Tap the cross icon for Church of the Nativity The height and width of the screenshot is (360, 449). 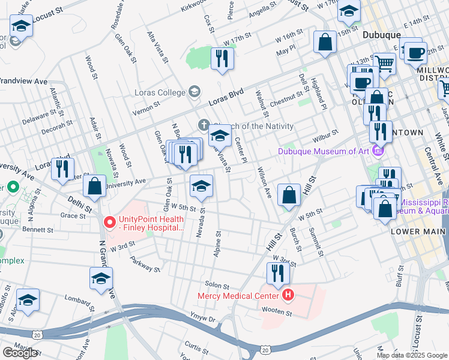(203, 126)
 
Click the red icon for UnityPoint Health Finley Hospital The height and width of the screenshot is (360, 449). (109, 222)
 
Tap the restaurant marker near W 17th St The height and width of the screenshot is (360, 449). (222, 59)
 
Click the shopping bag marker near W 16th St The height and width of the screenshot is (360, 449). (325, 43)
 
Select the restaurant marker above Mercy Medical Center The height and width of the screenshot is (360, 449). (277, 274)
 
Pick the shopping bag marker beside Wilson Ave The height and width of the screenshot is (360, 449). (289, 195)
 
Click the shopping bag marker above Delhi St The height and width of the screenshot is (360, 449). (95, 186)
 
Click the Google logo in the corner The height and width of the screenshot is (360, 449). (20, 353)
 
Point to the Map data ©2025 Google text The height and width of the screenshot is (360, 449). (412, 355)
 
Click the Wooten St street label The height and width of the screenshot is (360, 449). (280, 313)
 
